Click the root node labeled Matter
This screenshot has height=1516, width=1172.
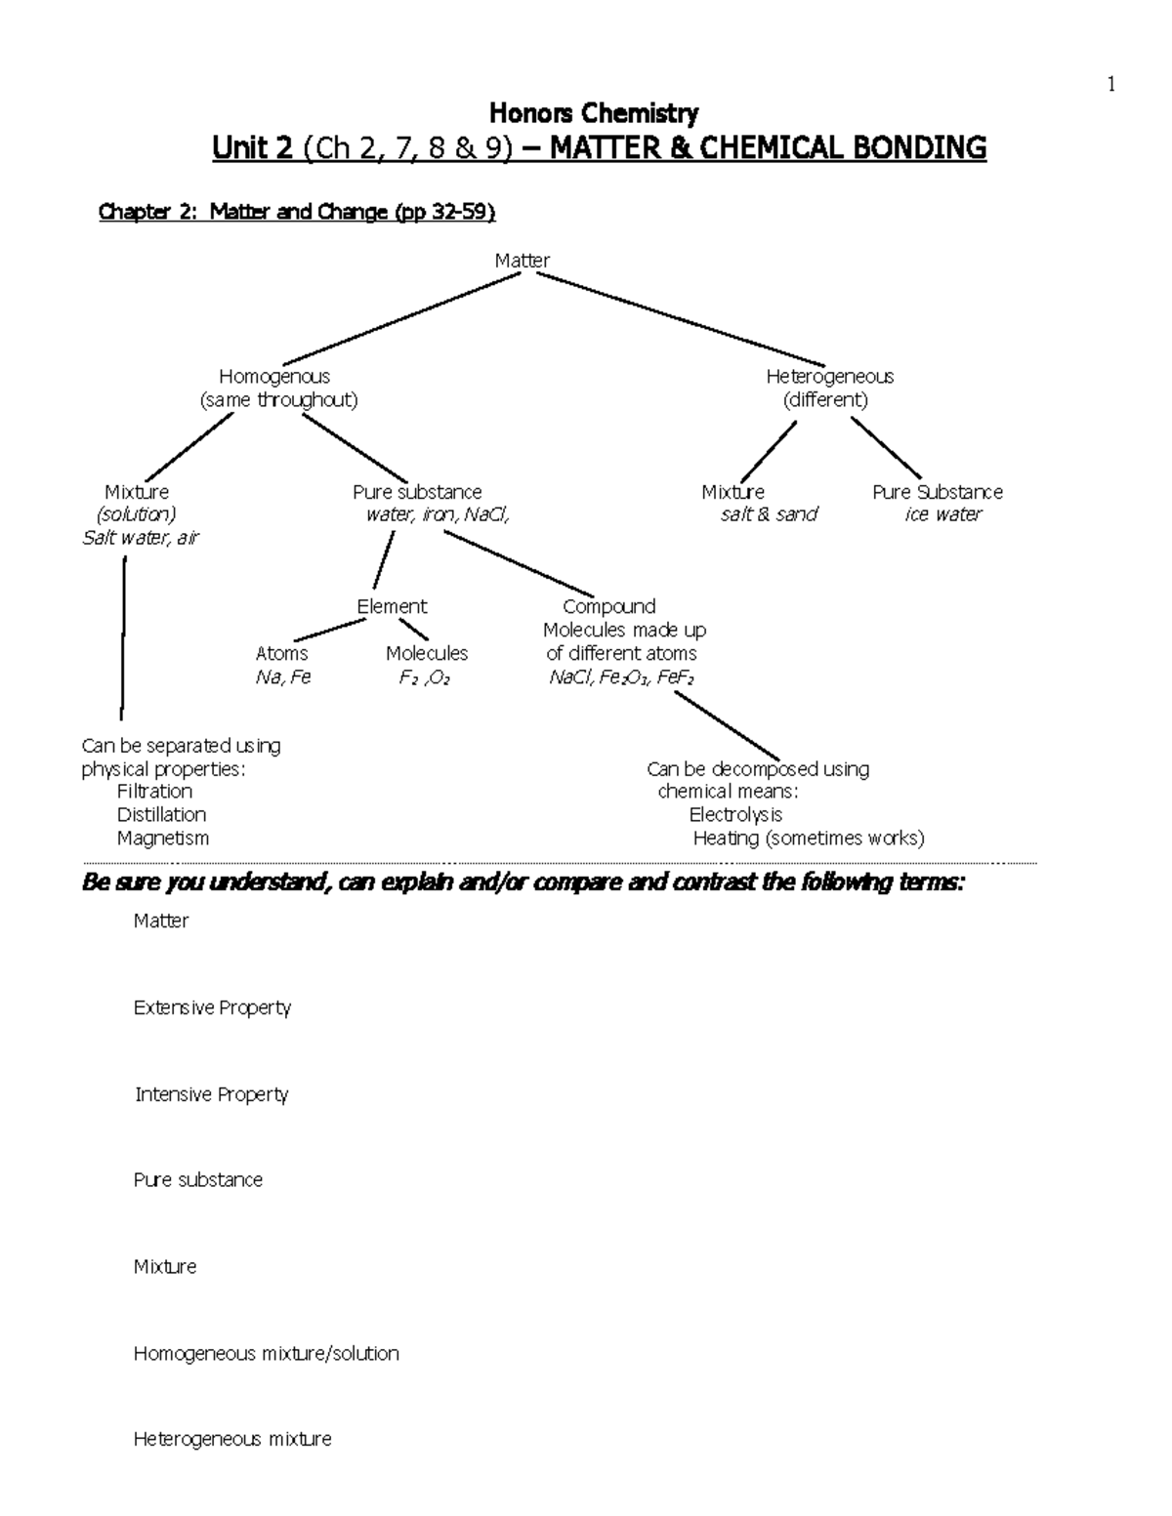(522, 261)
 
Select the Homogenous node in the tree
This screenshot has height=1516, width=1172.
(274, 377)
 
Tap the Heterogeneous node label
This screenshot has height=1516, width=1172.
(829, 377)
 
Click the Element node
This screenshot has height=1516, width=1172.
(392, 607)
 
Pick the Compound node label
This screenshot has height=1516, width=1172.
(608, 607)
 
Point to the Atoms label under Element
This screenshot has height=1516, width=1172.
(281, 654)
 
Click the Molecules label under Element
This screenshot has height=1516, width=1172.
(426, 654)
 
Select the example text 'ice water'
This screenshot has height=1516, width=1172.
(942, 514)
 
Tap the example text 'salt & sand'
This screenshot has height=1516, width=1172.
(769, 514)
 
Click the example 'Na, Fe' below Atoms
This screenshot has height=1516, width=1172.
(282, 677)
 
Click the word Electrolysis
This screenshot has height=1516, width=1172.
(735, 815)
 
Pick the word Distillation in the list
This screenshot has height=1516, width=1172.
(161, 815)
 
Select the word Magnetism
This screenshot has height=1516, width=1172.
(162, 839)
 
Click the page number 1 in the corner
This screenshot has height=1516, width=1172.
(1110, 85)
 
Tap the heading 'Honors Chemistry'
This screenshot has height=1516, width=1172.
(593, 114)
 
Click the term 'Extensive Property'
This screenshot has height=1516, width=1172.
(212, 1007)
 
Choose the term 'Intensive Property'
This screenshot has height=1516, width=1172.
(211, 1094)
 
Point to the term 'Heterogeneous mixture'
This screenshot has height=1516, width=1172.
(232, 1439)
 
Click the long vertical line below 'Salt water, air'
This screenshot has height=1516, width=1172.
(123, 635)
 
